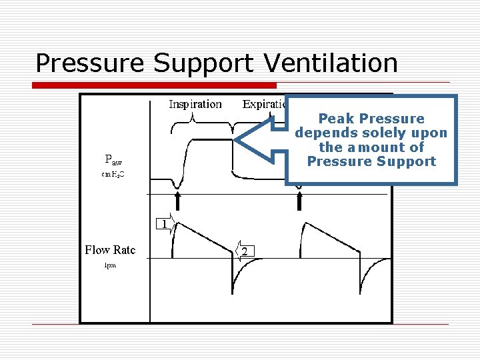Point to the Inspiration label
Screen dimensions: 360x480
[x=195, y=104]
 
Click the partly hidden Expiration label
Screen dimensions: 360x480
[x=264, y=104]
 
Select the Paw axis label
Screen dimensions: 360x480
[x=113, y=159]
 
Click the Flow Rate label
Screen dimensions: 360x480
[x=110, y=250]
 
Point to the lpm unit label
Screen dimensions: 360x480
[x=110, y=265]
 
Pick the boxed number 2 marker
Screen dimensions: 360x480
[x=246, y=251]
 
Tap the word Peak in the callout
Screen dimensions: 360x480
[x=336, y=119]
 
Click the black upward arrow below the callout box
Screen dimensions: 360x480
[x=300, y=199]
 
